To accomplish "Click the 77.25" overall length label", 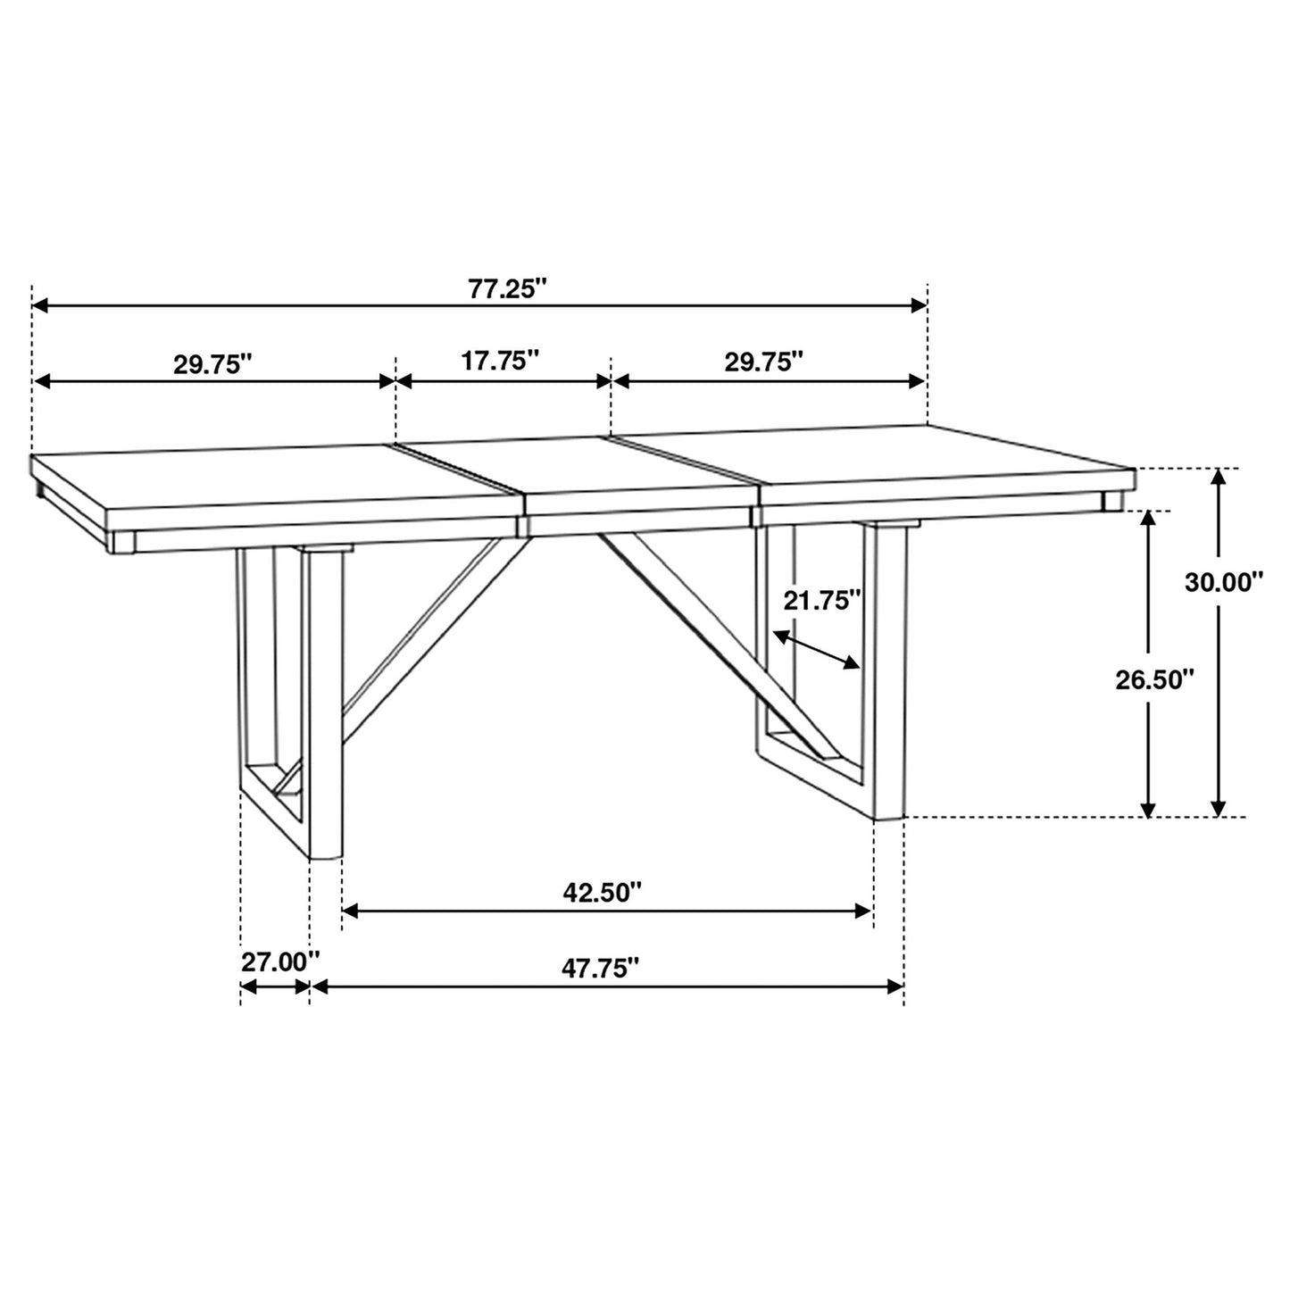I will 506,289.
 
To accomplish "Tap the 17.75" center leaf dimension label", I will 501,361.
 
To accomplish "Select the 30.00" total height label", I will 1225,582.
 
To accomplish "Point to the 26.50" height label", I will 1154,680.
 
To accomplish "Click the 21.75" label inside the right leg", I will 822,601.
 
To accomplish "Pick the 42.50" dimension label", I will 603,892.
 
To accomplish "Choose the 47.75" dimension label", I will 601,968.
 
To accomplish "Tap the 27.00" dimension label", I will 280,962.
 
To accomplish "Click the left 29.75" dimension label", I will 213,364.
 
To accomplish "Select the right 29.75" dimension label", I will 764,361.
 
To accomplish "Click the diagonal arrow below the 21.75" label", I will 817,649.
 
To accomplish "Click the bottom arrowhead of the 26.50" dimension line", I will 1149,808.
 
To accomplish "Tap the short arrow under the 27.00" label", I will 275,986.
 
